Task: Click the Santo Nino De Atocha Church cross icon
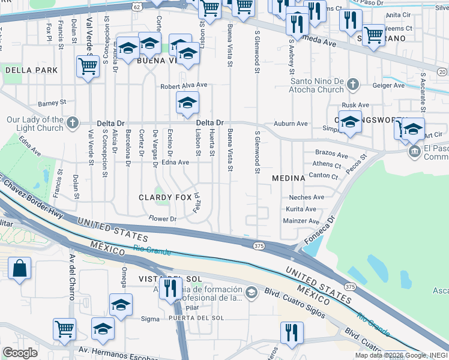coord(354,85)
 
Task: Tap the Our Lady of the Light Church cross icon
coord(73,123)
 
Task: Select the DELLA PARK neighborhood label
coord(31,70)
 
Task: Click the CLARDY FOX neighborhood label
coord(165,197)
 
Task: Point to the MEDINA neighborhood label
coord(289,178)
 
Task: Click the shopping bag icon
coord(19,268)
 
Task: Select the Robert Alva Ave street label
coord(183,86)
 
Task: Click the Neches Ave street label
coord(306,197)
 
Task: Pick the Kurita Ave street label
coord(301,209)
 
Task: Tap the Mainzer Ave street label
coord(301,221)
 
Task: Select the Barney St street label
coord(51,103)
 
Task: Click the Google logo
coord(20,353)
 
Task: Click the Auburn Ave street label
coord(291,124)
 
